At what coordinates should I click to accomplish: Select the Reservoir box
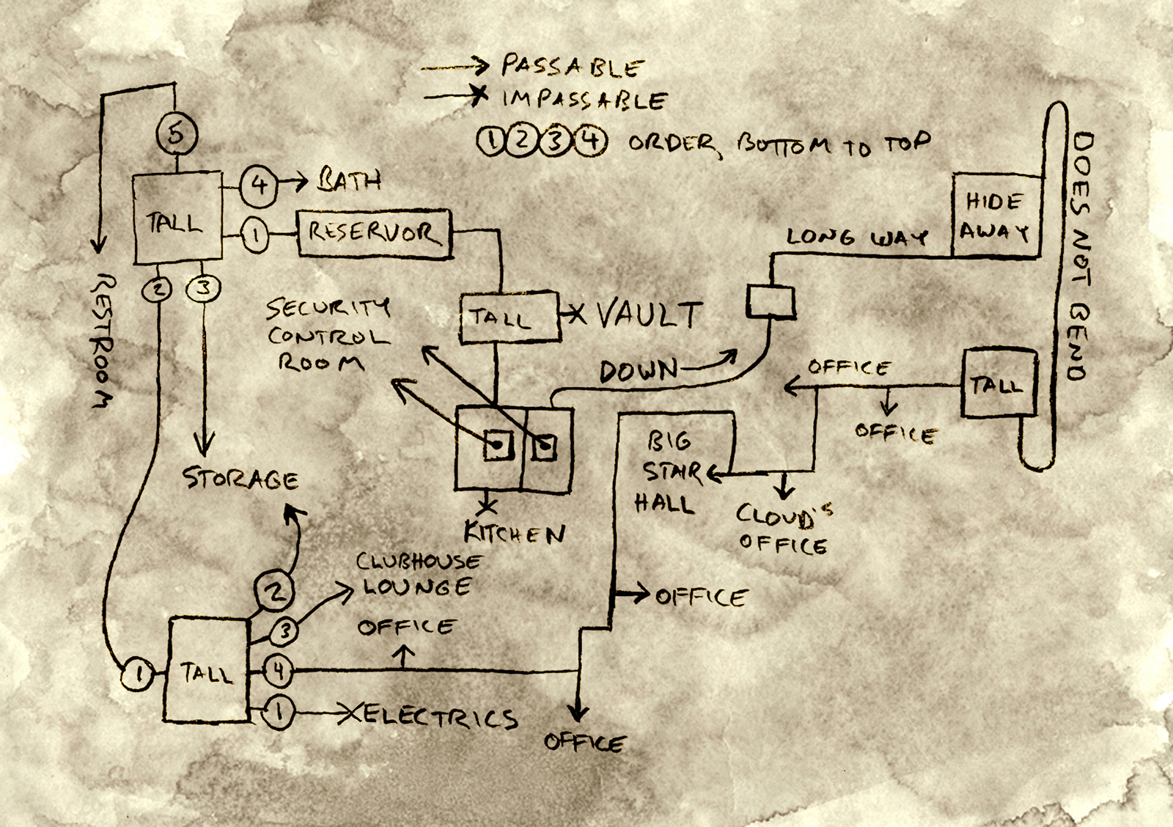374,233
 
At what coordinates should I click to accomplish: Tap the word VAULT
650,315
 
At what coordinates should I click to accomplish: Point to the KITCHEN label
515,533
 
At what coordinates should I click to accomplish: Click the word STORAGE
240,479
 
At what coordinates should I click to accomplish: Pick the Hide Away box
996,216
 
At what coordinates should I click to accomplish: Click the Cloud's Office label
784,528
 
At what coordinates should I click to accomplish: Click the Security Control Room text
327,334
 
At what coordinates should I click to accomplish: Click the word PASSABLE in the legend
572,67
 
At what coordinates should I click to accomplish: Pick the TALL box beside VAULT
510,317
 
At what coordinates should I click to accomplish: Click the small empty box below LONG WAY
771,301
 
